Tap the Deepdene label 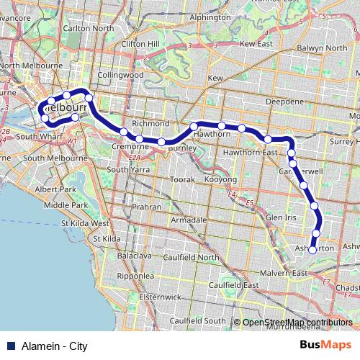[x=280, y=102]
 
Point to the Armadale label [x=189, y=220]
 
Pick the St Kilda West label [x=84, y=223]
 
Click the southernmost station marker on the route [x=312, y=249]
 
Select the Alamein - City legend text [x=54, y=346]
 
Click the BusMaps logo [x=325, y=345]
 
